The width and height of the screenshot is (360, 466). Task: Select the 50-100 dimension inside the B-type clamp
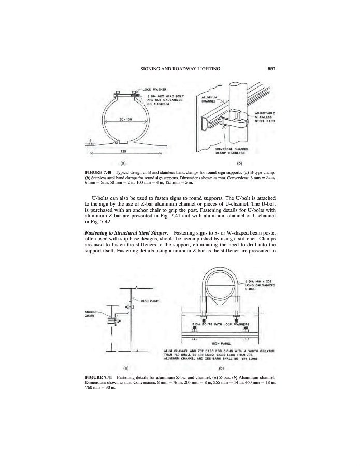[x=127, y=120]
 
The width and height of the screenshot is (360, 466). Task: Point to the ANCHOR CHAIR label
[x=91, y=314]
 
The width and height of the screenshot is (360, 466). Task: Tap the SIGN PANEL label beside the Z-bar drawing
[x=151, y=300]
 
